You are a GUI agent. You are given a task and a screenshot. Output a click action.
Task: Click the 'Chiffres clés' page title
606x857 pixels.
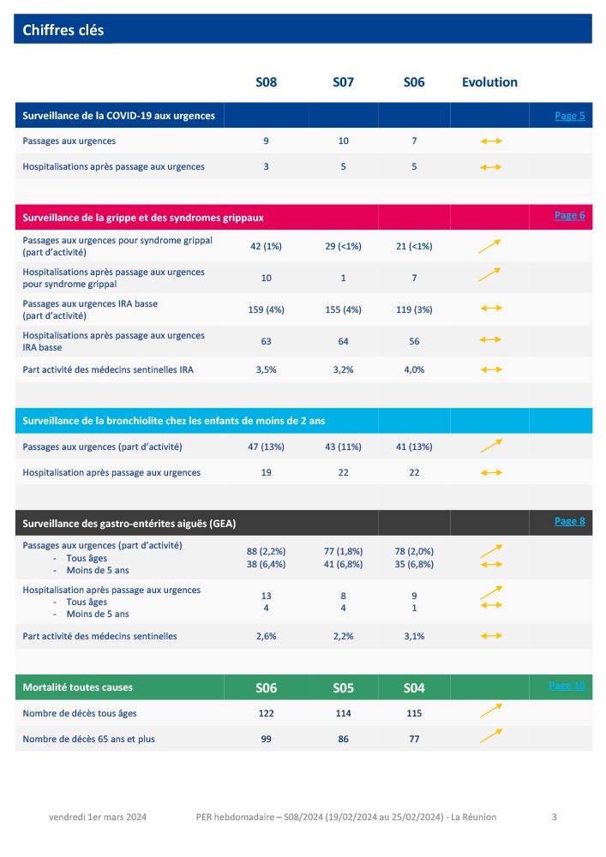coord(63,30)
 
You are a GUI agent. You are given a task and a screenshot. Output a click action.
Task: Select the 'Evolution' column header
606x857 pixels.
coord(489,82)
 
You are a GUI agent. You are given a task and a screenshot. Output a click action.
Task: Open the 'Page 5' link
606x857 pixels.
coord(569,116)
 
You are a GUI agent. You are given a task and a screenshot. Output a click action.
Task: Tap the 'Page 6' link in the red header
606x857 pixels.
coord(569,215)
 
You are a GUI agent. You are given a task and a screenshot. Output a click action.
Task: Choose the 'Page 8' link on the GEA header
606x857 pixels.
coord(569,521)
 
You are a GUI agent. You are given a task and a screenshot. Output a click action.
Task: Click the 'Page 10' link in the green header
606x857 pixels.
coord(567,686)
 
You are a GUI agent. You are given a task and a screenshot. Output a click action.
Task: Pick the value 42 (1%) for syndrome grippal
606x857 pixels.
coord(266,246)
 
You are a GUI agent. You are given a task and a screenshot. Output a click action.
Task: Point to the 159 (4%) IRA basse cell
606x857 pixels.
coord(266,309)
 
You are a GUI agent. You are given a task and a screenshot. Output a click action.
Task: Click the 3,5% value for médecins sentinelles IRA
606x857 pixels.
coord(266,369)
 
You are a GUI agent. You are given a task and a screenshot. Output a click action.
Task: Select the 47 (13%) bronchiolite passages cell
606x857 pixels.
coord(266,446)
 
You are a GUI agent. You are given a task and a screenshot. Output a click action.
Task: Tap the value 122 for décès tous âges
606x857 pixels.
coord(266,713)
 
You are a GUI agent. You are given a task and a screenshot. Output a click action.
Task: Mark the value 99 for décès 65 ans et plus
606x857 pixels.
coord(266,739)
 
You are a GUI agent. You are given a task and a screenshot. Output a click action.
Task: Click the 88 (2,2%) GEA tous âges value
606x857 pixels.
coord(266,551)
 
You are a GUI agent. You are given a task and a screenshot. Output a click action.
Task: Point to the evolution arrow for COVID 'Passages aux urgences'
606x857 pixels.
coord(490,141)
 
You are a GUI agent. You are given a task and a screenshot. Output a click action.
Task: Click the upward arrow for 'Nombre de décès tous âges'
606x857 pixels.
coord(490,710)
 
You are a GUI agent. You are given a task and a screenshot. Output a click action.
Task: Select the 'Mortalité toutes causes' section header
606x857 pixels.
coord(78,687)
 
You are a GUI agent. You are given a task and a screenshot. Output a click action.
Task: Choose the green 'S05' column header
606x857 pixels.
coord(343,687)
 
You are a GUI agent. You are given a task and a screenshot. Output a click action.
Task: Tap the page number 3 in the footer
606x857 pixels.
coord(554,817)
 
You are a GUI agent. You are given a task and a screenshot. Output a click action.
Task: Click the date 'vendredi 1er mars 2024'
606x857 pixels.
coord(98,817)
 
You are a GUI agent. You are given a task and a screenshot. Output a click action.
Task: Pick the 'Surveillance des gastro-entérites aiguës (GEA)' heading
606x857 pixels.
coord(129,523)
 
